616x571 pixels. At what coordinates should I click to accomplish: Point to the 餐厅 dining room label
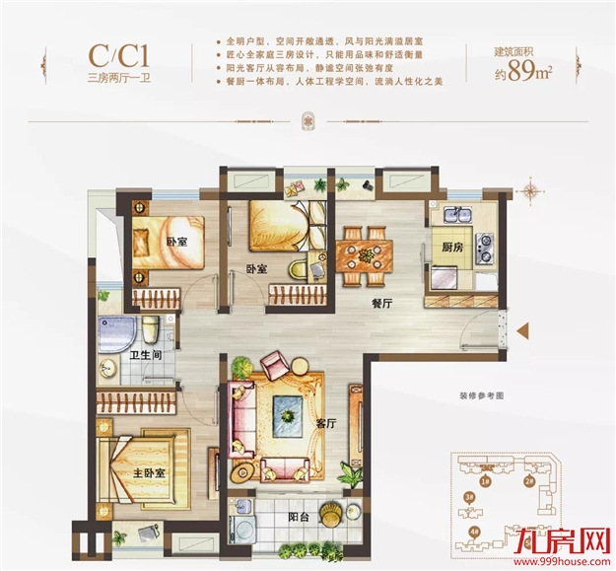(x=382, y=305)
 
